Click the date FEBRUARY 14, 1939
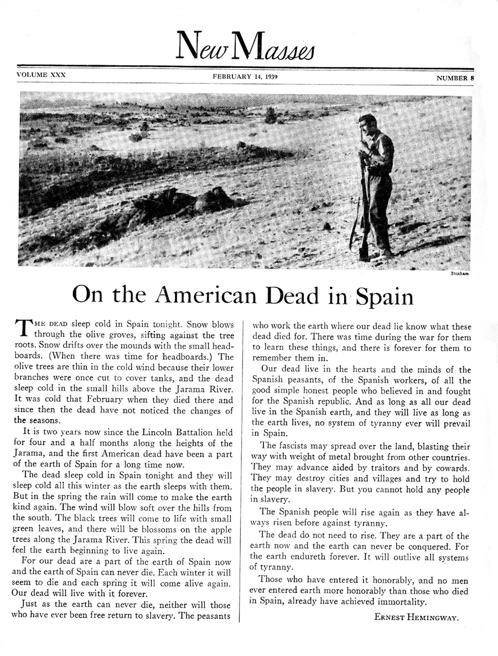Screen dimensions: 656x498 [x=245, y=76]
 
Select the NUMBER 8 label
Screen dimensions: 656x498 [x=455, y=78]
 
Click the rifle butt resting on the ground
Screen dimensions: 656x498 [x=364, y=255]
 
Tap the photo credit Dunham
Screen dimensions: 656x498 [x=460, y=274]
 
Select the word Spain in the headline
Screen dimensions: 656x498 [x=384, y=297]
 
